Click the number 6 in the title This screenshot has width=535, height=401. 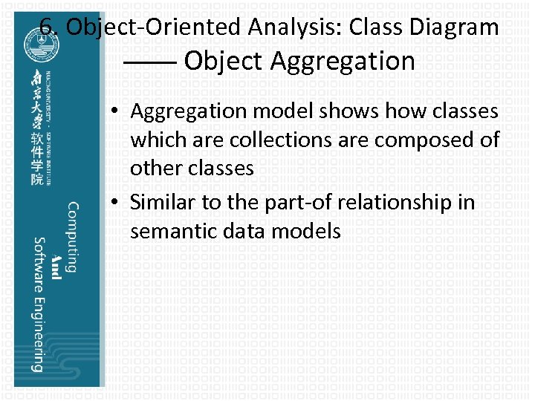[x=45, y=27]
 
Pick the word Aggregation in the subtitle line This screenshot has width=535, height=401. [x=343, y=61]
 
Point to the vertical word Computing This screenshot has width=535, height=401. [x=72, y=237]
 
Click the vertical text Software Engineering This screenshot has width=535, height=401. [x=38, y=304]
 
